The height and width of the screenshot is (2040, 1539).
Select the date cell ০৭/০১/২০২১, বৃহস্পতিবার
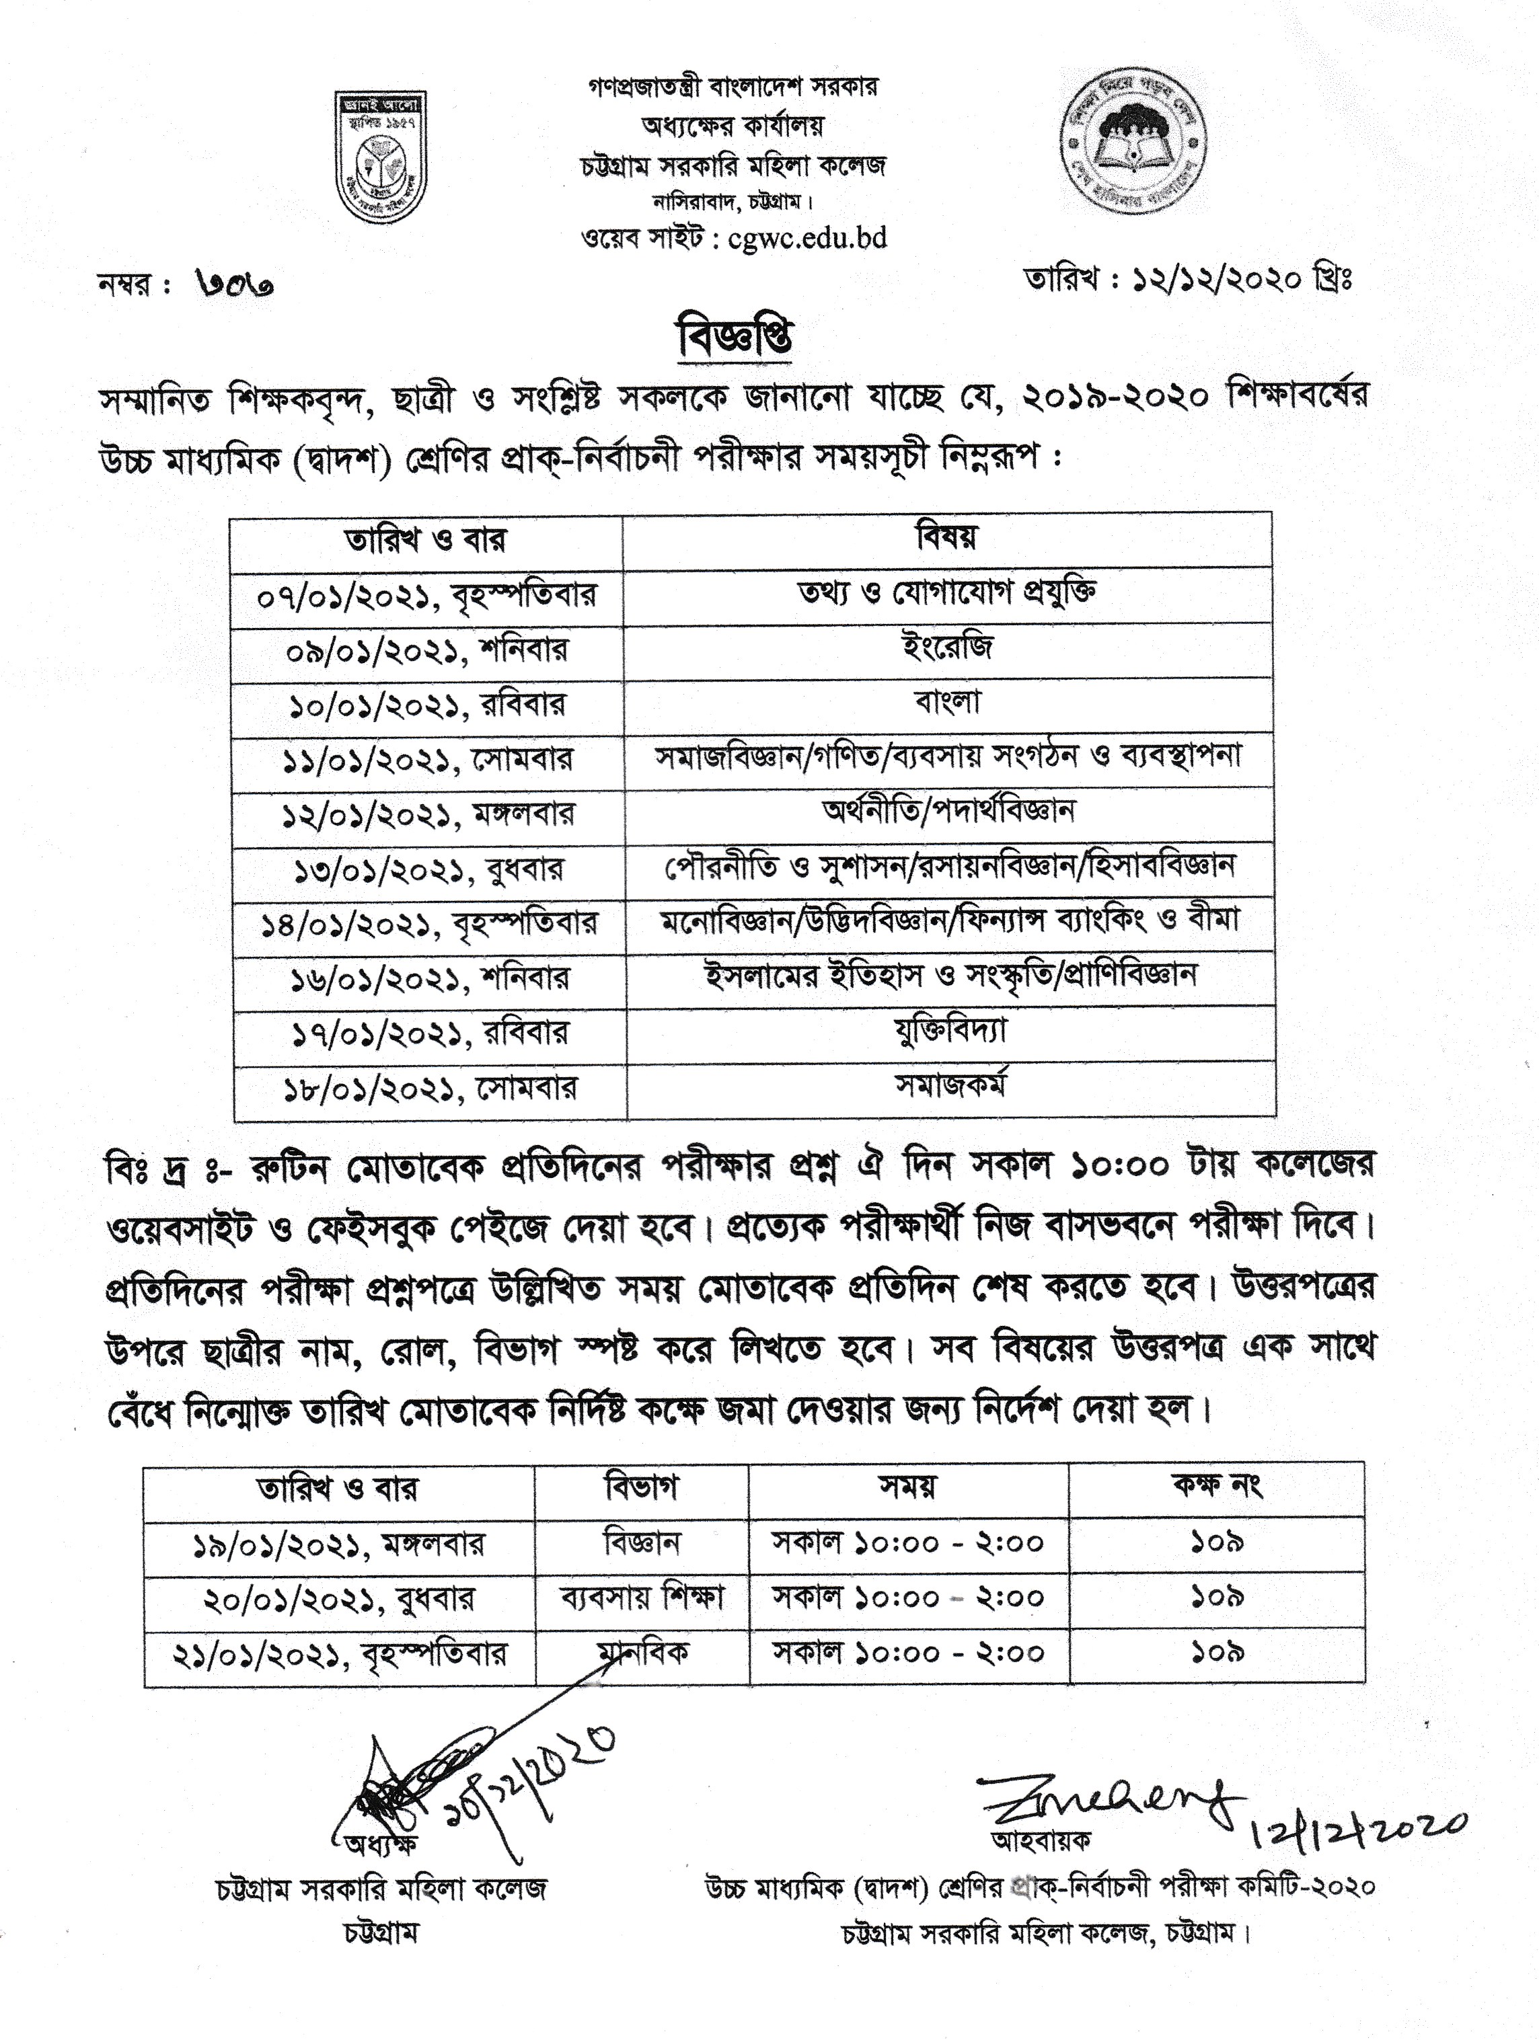[427, 595]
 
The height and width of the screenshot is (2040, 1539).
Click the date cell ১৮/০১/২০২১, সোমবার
[429, 1089]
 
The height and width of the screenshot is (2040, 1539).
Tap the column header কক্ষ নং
[1216, 1486]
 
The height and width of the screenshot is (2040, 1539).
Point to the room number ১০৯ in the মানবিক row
[1216, 1652]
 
